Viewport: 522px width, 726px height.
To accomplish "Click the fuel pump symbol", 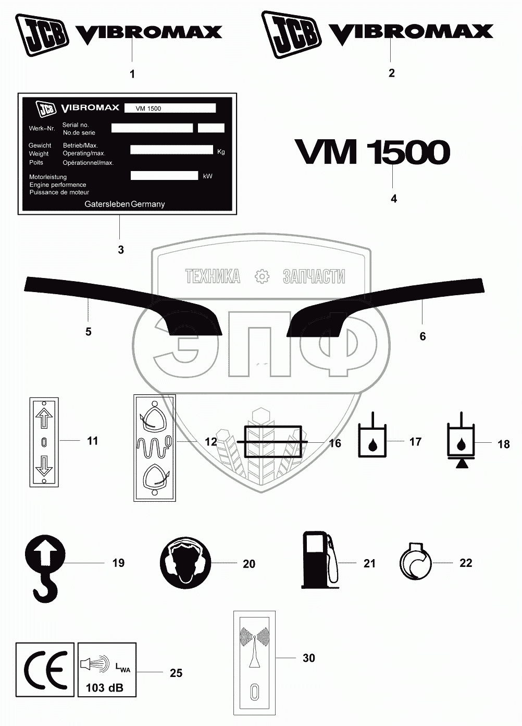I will (x=318, y=560).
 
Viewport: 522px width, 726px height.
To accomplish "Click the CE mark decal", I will (x=45, y=670).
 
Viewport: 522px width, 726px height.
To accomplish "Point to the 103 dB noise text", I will (x=105, y=687).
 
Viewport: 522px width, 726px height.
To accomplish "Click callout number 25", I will (x=176, y=673).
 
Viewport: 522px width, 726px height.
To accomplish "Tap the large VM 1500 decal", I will (x=372, y=152).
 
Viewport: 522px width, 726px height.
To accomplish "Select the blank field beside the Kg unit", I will (x=172, y=150).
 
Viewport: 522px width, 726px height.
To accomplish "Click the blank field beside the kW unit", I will (x=164, y=176).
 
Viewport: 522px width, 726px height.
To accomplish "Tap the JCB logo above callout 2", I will (x=291, y=35).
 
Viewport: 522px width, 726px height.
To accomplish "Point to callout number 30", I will (x=309, y=658).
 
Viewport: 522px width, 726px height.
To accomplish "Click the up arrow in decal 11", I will (x=44, y=418).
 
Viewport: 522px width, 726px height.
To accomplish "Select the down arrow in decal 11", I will (x=44, y=466).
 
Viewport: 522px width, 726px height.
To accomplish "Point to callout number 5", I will (x=89, y=332).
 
